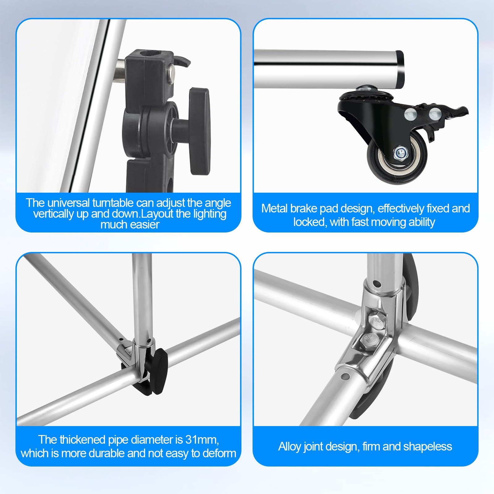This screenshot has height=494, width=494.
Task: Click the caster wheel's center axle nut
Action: pos(400,152)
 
